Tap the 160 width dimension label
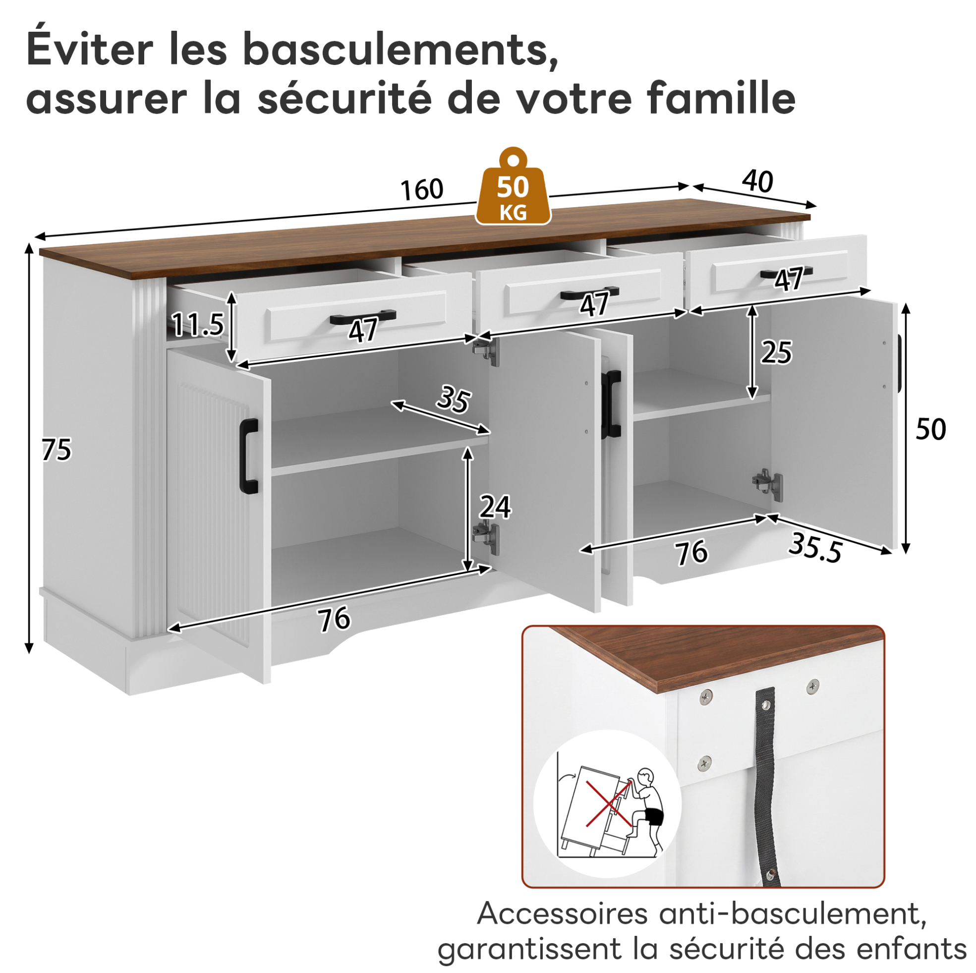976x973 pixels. click(422, 190)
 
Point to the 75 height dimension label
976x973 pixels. click(57, 450)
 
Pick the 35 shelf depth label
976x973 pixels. click(454, 399)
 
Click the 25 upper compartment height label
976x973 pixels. click(776, 352)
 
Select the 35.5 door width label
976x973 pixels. click(815, 547)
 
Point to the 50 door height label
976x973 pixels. click(930, 429)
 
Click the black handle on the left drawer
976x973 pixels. click(363, 317)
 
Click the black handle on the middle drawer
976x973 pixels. click(589, 292)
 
